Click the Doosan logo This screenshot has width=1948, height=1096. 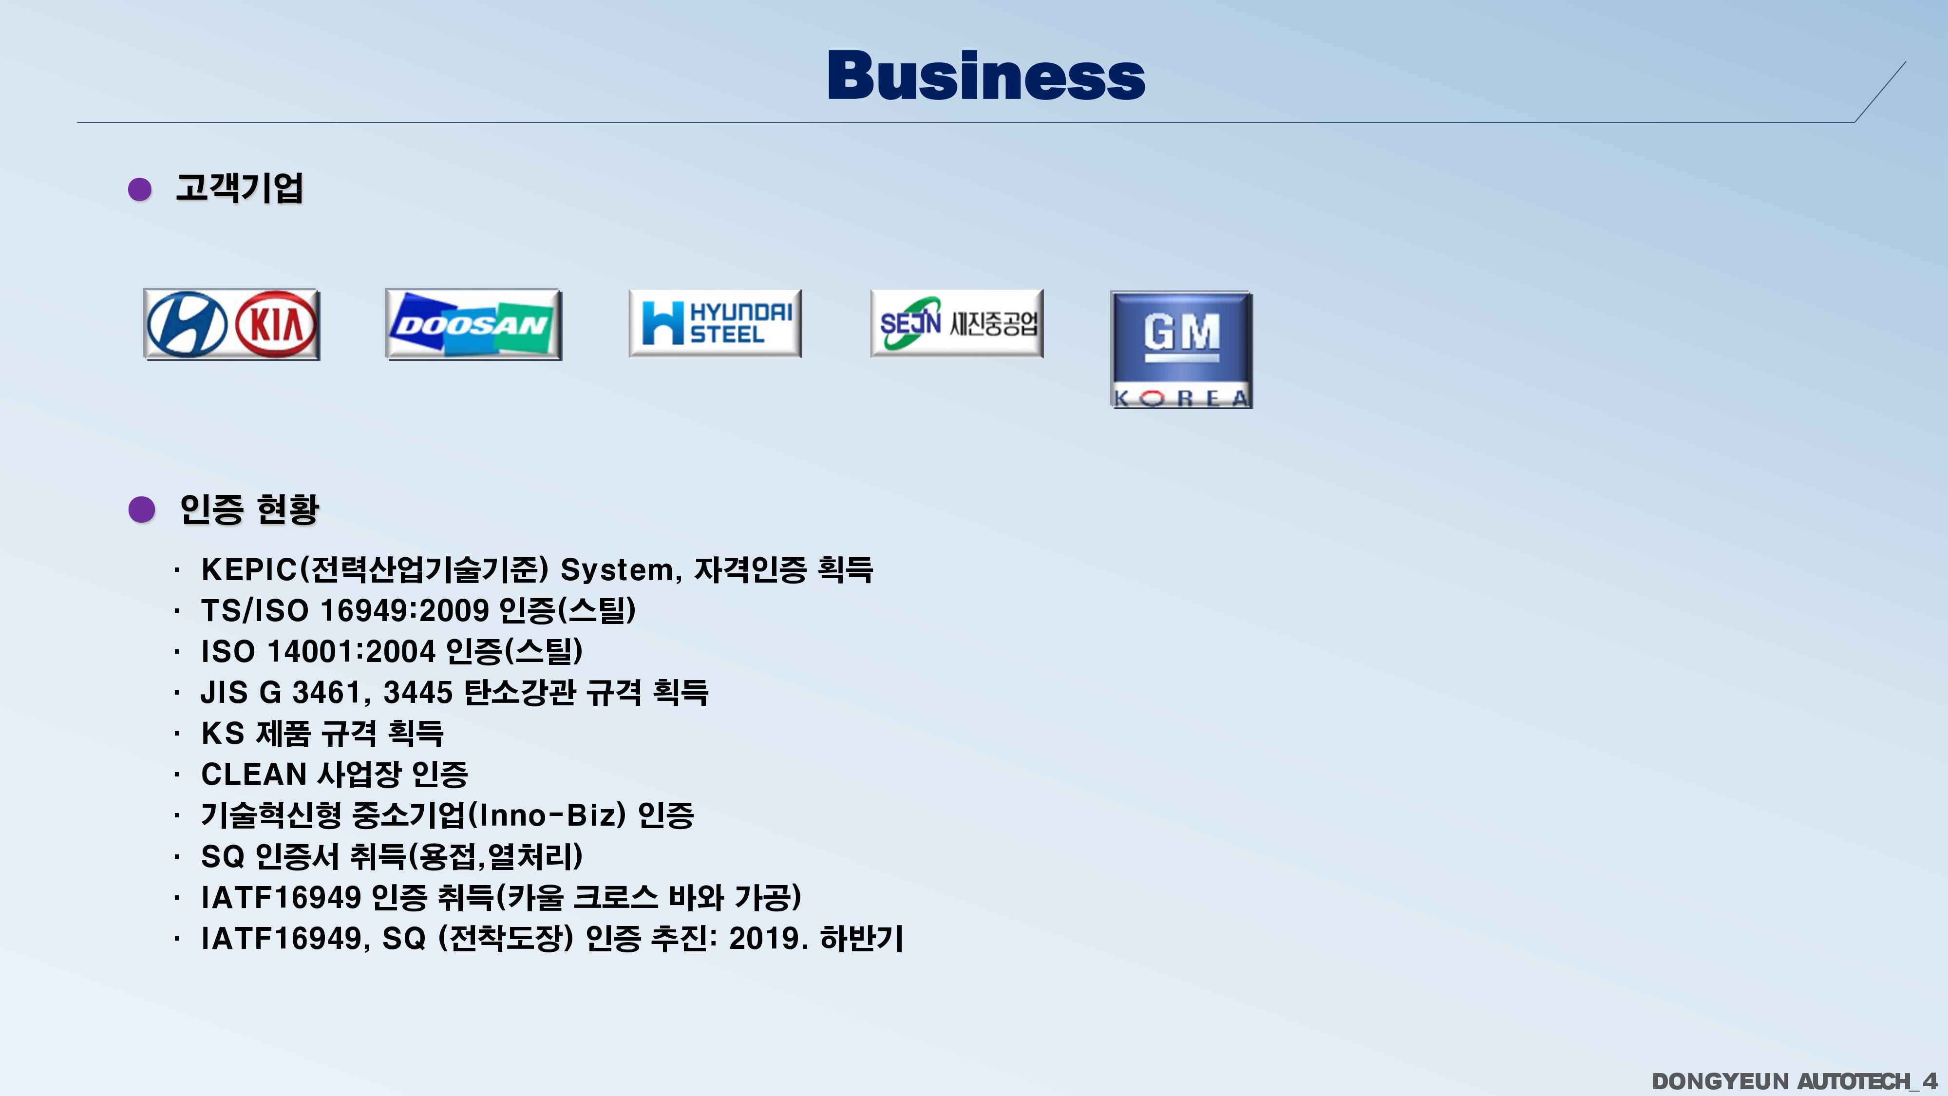(x=473, y=324)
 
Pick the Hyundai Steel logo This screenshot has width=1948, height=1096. (x=715, y=323)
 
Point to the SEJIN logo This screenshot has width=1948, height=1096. (x=957, y=323)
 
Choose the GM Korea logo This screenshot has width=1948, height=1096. (x=1181, y=349)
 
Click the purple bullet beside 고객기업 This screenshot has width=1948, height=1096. (x=140, y=189)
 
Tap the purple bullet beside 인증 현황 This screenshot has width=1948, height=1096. (x=141, y=510)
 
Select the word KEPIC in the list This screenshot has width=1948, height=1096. (x=249, y=569)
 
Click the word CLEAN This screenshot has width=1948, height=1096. (x=253, y=775)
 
